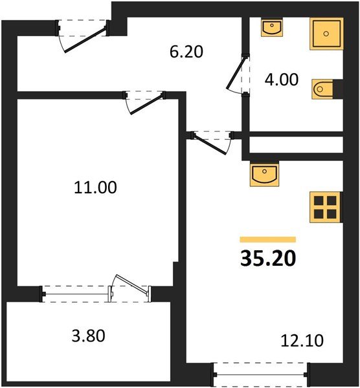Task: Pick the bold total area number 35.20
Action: (268, 259)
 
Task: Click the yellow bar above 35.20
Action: (268, 239)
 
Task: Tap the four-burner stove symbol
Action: (325, 206)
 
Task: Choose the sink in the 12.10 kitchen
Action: (264, 173)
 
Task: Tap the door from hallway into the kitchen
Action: (212, 142)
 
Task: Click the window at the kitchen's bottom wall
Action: (260, 373)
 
